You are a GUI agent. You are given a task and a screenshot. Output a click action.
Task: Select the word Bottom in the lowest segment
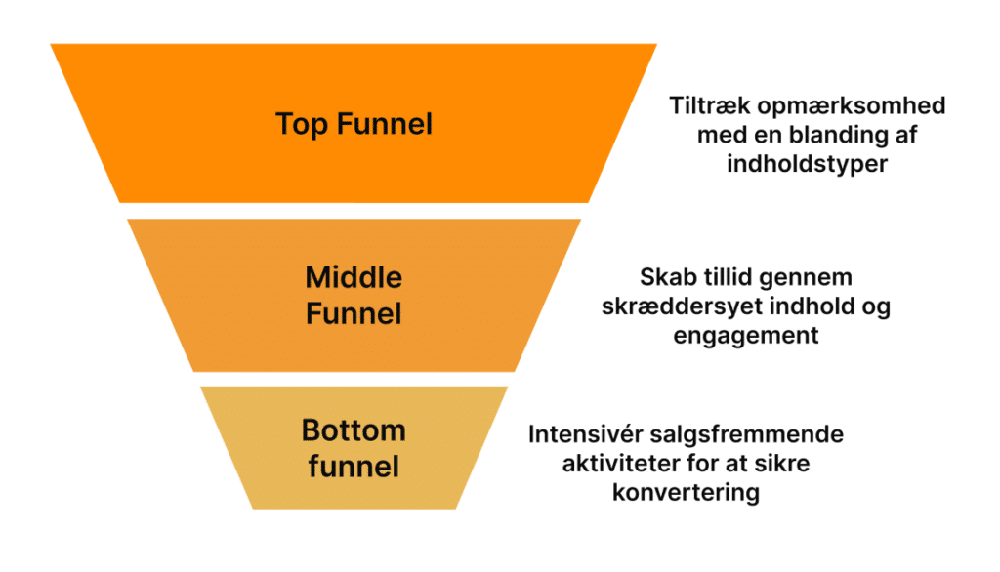pos(354,430)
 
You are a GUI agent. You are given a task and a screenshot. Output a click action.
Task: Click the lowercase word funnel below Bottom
pos(354,466)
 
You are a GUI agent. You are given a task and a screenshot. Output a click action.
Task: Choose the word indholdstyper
pos(807,163)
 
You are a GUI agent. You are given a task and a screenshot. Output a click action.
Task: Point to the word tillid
pos(731,278)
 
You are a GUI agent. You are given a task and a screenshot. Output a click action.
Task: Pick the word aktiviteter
pos(623,463)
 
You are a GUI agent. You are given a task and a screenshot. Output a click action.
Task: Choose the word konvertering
pos(686,491)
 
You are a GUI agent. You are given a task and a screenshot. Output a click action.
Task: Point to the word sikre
pos(781,463)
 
